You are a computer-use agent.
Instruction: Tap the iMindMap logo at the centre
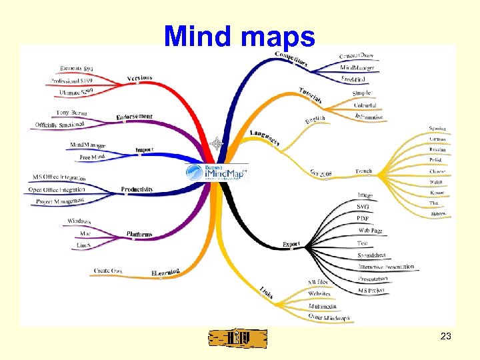click(x=217, y=173)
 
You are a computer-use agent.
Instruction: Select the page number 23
click(x=446, y=337)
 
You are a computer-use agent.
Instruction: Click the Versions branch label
click(x=139, y=78)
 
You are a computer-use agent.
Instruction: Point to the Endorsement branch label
click(x=134, y=118)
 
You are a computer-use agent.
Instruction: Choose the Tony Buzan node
click(x=71, y=113)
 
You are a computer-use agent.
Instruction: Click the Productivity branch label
click(x=137, y=189)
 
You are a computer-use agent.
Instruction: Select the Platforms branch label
click(x=139, y=234)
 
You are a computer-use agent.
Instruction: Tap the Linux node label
click(x=83, y=245)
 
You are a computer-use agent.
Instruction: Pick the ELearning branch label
click(x=165, y=272)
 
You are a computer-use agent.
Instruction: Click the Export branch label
click(x=291, y=244)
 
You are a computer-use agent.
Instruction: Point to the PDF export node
click(x=363, y=219)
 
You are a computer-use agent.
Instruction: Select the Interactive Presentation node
click(x=385, y=267)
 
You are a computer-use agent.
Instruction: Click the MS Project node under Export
click(x=372, y=289)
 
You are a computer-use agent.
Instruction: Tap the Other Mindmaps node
click(x=329, y=317)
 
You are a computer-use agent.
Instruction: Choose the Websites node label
click(x=319, y=293)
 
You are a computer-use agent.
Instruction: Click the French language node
click(x=363, y=171)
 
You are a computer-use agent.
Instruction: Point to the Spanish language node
click(x=438, y=128)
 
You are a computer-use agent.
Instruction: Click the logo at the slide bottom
click(x=238, y=338)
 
